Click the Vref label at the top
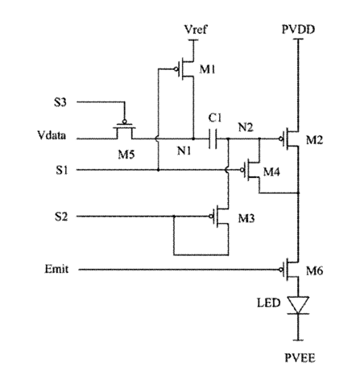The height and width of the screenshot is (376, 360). (196, 29)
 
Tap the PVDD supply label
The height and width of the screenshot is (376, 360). (298, 29)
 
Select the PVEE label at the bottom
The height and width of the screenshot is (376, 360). (300, 358)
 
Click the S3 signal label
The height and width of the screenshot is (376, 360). (60, 102)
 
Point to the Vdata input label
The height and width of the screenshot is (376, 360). (52, 135)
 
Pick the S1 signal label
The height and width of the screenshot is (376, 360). (62, 170)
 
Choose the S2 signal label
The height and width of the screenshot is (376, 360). (61, 217)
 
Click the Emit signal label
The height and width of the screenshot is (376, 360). (56, 269)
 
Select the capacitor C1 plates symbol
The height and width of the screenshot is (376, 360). (213, 138)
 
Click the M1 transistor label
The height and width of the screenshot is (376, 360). (207, 69)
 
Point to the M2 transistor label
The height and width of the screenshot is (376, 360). (314, 140)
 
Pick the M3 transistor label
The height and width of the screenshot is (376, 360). (246, 218)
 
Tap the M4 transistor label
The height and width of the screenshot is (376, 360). (271, 171)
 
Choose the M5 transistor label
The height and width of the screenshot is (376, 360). (126, 155)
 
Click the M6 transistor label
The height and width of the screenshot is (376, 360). (314, 271)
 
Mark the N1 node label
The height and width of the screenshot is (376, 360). (184, 151)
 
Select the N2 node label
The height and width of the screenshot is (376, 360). (246, 127)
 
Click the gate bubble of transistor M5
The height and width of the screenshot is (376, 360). (124, 122)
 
